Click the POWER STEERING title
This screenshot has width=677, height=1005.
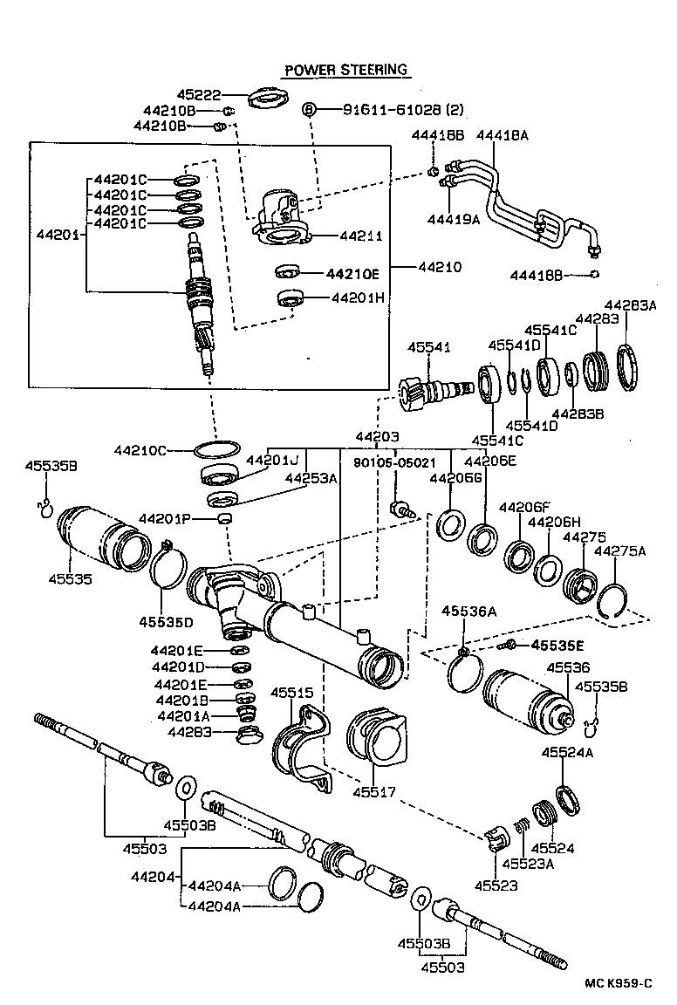tap(346, 70)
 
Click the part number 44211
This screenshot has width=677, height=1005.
tap(360, 236)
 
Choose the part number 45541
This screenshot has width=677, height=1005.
tap(429, 347)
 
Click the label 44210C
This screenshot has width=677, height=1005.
tap(140, 450)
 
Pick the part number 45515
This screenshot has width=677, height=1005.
tap(291, 693)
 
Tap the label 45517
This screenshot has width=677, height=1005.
tap(375, 792)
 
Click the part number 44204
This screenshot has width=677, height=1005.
tap(154, 876)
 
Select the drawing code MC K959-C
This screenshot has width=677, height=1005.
tap(619, 983)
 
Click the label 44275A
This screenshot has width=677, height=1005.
tap(619, 551)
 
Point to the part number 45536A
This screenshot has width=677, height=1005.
tap(468, 612)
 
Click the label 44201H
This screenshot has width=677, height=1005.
tap(358, 297)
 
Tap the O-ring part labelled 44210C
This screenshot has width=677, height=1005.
tap(215, 450)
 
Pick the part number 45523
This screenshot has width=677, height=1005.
tap(496, 885)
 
